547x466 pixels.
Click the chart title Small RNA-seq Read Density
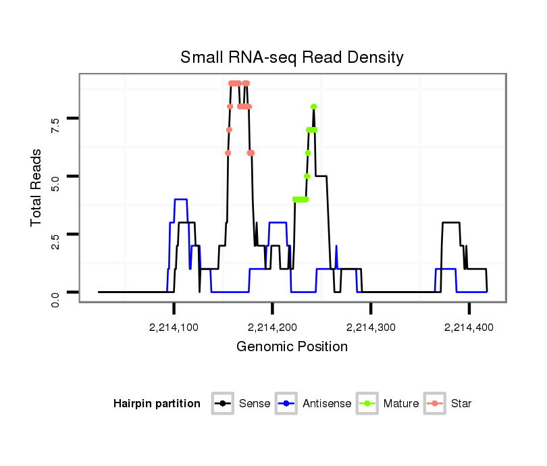coord(292,57)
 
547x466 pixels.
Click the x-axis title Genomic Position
coord(292,347)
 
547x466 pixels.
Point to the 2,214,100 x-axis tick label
coord(174,328)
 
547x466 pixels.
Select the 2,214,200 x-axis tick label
coord(272,328)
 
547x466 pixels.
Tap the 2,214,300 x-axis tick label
coord(371,328)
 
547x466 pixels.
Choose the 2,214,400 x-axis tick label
coord(469,328)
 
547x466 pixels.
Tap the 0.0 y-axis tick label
coord(55,298)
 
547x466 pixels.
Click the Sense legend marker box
coord(222,404)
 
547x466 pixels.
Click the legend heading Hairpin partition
coord(157,404)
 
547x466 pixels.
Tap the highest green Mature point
coord(314,107)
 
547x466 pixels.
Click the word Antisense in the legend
coord(327,404)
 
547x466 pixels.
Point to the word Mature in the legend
coord(401,404)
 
